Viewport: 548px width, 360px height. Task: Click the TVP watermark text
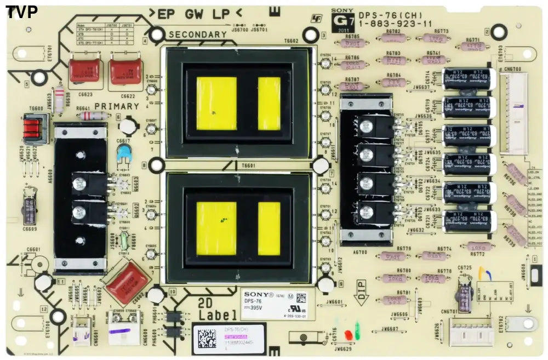(21, 11)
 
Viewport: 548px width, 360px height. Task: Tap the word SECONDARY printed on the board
(197, 35)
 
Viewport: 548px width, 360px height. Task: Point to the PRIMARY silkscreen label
(116, 106)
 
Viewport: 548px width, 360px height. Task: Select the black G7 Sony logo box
(340, 22)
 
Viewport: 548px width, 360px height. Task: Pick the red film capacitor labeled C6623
(83, 72)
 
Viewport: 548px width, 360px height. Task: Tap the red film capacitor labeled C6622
(125, 72)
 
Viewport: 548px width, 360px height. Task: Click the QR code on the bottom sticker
(207, 338)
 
